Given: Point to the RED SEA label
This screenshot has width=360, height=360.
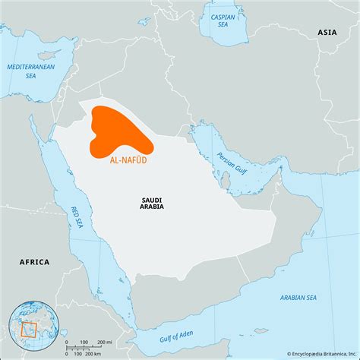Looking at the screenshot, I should [75, 216].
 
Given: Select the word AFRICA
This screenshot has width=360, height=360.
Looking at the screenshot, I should [34, 262].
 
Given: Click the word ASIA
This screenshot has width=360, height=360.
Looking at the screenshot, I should [327, 33].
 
